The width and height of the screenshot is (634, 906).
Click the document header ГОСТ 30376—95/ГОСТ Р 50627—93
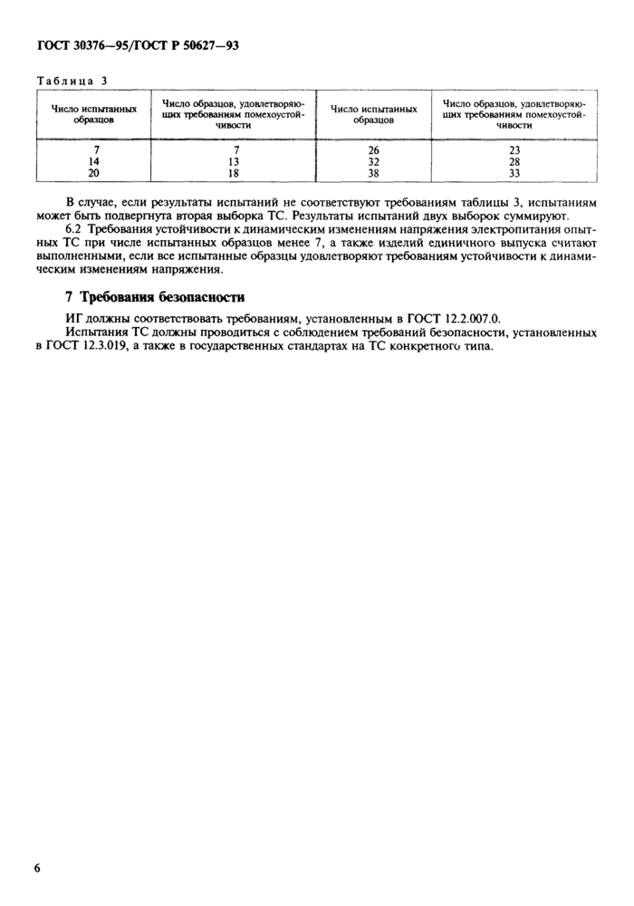coord(137,45)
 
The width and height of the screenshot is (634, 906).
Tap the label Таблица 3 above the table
coord(72,80)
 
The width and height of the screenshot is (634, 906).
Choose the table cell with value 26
coord(373,150)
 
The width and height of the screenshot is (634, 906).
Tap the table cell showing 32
coord(373,161)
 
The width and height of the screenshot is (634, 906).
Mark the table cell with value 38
coord(373,172)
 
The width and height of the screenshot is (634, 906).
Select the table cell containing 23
coord(514,150)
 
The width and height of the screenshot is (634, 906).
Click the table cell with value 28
coord(514,161)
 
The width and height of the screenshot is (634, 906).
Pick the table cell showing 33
coord(514,172)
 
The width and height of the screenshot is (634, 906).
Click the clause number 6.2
coord(75,232)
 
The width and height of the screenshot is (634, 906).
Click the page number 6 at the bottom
coord(38,868)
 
